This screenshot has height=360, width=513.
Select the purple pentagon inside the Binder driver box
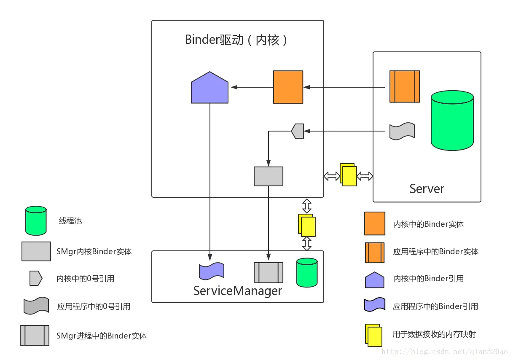(210, 88)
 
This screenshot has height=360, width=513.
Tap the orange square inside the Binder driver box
(288, 87)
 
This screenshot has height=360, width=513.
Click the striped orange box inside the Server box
(404, 86)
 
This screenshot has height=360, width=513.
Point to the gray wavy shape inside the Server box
(402, 132)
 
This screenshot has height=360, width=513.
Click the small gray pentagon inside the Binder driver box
(298, 131)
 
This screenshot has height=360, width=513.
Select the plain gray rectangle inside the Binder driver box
(269, 176)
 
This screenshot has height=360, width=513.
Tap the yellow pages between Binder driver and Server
(348, 175)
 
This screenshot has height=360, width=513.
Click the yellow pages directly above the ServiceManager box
(307, 225)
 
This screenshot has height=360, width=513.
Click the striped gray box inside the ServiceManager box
(268, 272)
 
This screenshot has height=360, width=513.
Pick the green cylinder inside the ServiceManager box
(306, 272)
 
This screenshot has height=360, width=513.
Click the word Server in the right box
(427, 188)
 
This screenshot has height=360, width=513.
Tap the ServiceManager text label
(237, 291)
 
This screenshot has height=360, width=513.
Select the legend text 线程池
(70, 221)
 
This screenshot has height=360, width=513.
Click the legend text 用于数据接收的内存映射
(434, 334)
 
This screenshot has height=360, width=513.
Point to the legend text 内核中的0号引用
(86, 279)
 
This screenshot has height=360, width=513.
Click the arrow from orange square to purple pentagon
(251, 87)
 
